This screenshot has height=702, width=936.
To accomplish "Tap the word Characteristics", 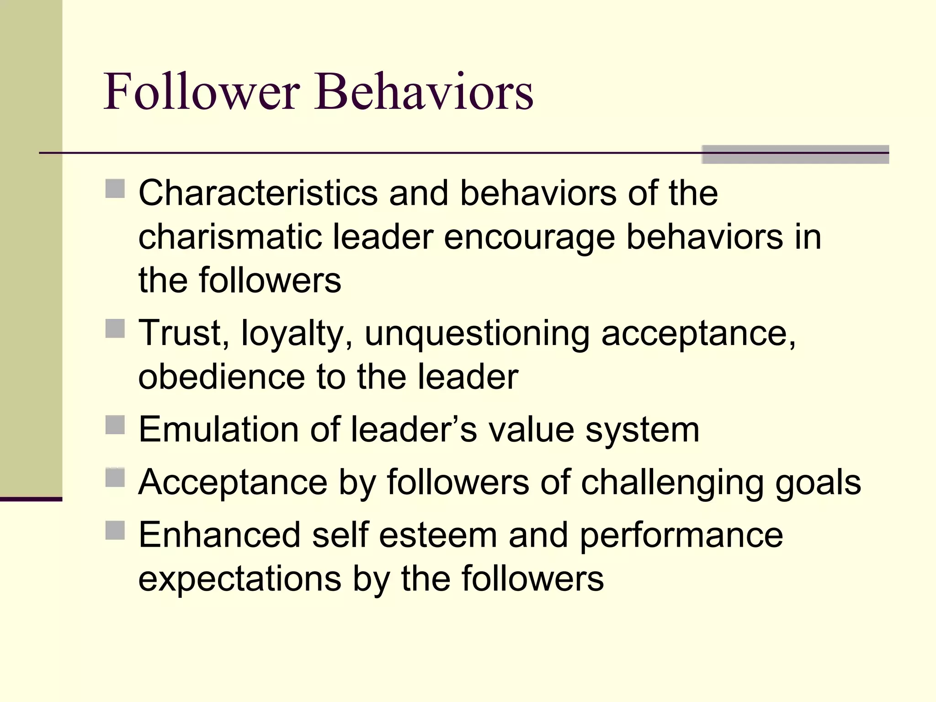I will pos(258,193).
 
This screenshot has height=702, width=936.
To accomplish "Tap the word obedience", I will pos(221,377).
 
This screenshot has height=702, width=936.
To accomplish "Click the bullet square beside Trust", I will pos(115,329).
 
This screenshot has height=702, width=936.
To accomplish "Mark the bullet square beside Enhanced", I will pos(115,530).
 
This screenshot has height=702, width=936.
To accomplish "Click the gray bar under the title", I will pos(795,154).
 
